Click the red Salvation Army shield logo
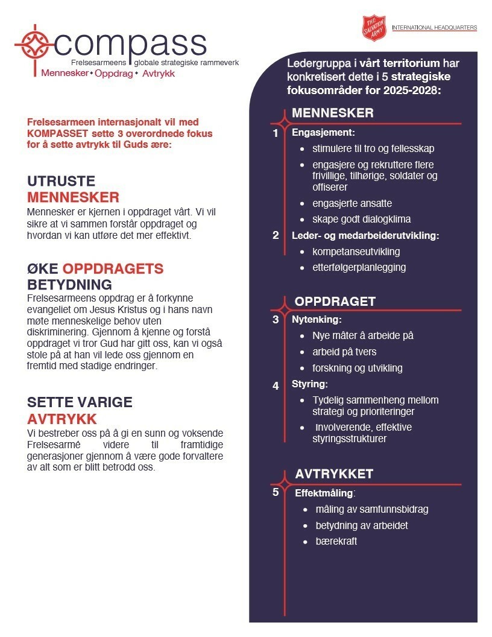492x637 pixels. pyautogui.click(x=373, y=28)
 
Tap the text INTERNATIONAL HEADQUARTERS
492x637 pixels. pyautogui.click(x=434, y=28)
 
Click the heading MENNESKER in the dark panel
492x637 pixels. pyautogui.click(x=333, y=113)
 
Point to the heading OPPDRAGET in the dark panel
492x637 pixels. pyautogui.click(x=335, y=302)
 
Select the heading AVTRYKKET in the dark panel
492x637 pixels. pyautogui.click(x=334, y=474)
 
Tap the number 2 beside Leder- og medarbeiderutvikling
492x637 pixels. pyautogui.click(x=276, y=235)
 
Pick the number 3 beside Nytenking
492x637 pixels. pyautogui.click(x=276, y=320)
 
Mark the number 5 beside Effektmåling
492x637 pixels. pyautogui.click(x=276, y=492)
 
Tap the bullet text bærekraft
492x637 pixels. pyautogui.click(x=336, y=541)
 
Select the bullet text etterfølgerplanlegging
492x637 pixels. pyautogui.click(x=359, y=267)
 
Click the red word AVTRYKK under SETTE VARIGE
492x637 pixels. pyautogui.click(x=62, y=419)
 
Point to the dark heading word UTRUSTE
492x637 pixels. pyautogui.click(x=61, y=182)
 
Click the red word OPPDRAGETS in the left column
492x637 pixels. pyautogui.click(x=113, y=269)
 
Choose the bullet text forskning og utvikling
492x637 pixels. pyautogui.click(x=357, y=368)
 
